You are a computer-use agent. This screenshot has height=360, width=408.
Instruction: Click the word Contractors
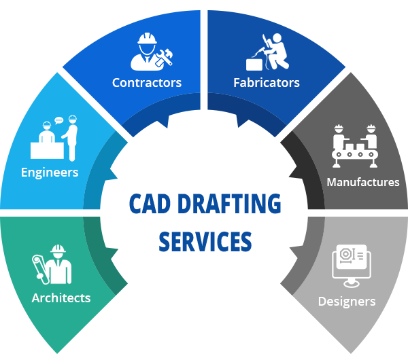tap(147, 83)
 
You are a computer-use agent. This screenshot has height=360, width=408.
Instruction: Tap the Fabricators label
tap(266, 83)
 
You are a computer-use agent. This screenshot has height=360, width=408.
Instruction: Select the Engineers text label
tap(50, 172)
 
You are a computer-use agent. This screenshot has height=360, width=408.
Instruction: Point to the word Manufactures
tap(362, 182)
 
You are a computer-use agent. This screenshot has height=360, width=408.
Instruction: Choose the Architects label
tap(61, 298)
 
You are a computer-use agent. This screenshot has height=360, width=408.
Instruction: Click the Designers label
tap(347, 300)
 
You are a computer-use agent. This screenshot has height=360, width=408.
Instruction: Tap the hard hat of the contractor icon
tap(146, 38)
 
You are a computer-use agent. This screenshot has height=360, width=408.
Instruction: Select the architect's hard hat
tap(58, 249)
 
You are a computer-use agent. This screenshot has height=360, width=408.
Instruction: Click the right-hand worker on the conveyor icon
tap(370, 136)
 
